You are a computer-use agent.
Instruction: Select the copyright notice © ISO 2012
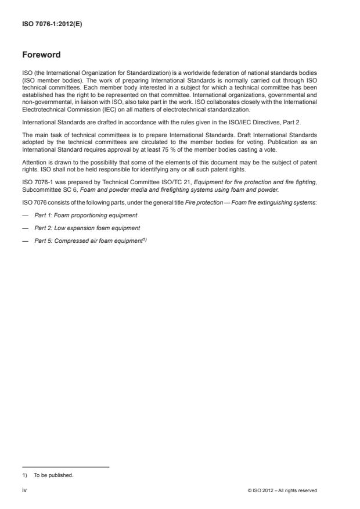coord(282,490)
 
